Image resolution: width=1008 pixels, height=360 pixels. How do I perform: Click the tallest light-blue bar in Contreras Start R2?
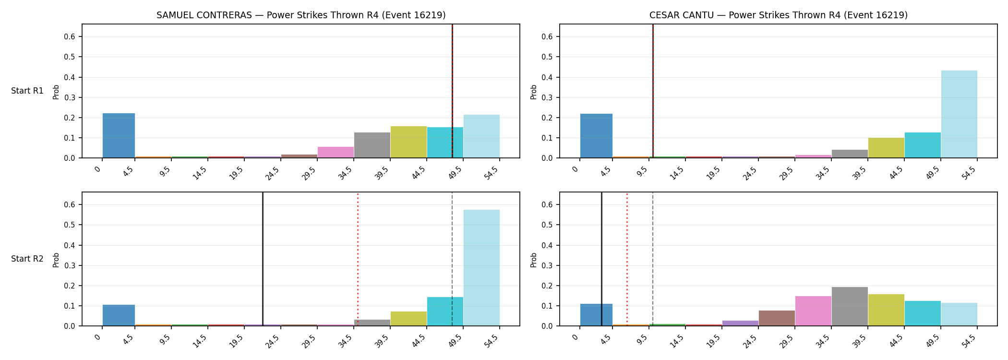pyautogui.click(x=481, y=268)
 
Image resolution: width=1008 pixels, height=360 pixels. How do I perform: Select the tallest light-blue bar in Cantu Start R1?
pyautogui.click(x=959, y=114)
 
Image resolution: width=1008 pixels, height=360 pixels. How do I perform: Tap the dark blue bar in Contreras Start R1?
pyautogui.click(x=119, y=135)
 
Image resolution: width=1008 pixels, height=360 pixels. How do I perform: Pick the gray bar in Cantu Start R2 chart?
pyautogui.click(x=850, y=306)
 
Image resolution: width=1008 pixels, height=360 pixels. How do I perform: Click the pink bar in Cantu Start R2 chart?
pyautogui.click(x=813, y=311)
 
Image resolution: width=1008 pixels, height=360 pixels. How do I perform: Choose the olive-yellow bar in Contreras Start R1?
pyautogui.click(x=408, y=142)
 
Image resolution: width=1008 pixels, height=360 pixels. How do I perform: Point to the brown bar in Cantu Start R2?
pyautogui.click(x=777, y=318)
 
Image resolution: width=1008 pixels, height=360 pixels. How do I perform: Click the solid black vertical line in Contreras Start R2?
pyautogui.click(x=263, y=259)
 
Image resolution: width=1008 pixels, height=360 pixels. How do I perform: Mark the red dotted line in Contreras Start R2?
pyautogui.click(x=358, y=259)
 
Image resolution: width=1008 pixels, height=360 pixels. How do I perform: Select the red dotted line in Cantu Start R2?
pyautogui.click(x=627, y=259)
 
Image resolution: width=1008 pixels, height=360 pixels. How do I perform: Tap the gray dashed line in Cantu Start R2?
pyautogui.click(x=653, y=259)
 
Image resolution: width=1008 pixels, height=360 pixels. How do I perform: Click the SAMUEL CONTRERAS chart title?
pyautogui.click(x=301, y=15)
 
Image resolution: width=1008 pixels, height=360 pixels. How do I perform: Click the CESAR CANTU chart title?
pyautogui.click(x=779, y=15)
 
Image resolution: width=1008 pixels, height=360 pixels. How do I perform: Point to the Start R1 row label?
pyautogui.click(x=27, y=91)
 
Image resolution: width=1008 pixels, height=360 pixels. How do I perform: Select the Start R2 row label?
pyautogui.click(x=27, y=259)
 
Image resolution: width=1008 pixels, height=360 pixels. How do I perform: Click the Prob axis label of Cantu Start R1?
pyautogui.click(x=534, y=92)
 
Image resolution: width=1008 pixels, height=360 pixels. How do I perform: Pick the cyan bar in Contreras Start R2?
pyautogui.click(x=445, y=312)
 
